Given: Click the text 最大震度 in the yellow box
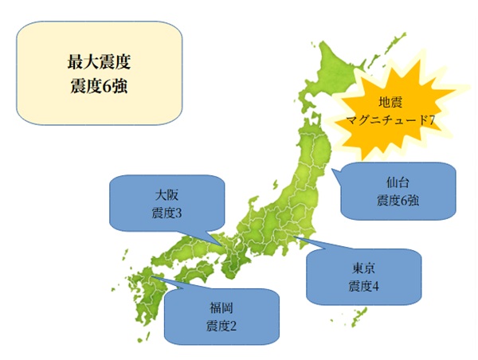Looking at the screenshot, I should click(100, 61).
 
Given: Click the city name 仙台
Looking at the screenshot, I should click(398, 183).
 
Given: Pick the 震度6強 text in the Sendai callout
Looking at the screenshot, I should click(398, 201).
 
